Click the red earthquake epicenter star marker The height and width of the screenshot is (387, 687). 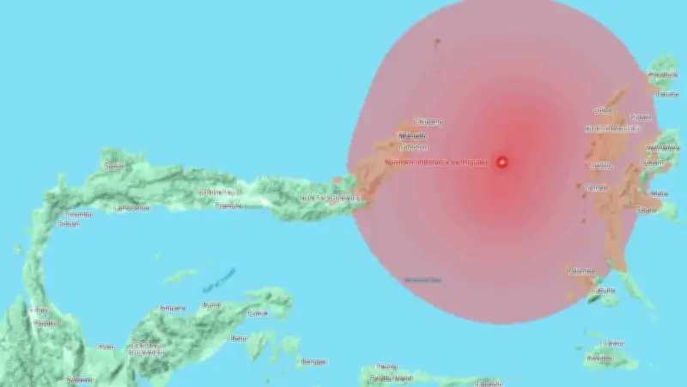click(x=502, y=161)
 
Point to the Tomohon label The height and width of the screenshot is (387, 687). click(x=413, y=147)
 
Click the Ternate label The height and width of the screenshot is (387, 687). click(x=596, y=187)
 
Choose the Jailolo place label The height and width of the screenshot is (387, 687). click(x=599, y=165)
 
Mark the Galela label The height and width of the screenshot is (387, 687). click(x=603, y=109)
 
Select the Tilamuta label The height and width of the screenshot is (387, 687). click(x=228, y=206)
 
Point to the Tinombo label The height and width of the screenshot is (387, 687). click(x=79, y=213)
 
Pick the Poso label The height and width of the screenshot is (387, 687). click(x=106, y=347)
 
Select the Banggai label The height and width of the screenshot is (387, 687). click(x=313, y=362)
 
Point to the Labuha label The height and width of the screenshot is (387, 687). click(x=605, y=291)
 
